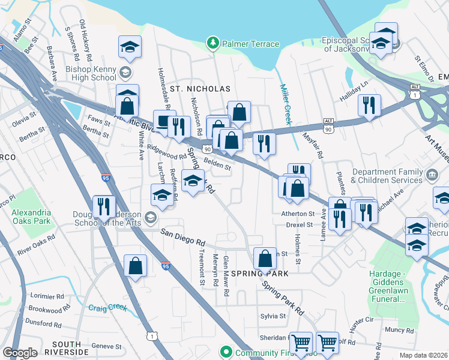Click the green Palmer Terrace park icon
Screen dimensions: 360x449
212,43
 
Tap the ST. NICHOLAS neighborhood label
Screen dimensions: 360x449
200,89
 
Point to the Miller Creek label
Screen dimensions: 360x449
286,105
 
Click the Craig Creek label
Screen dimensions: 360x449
108,308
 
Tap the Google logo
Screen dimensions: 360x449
20,353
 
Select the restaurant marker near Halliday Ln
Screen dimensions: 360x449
369,105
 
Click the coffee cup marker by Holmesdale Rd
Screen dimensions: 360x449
164,120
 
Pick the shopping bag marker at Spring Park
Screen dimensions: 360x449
265,259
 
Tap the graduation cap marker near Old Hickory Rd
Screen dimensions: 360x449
129,47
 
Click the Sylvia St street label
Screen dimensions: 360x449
273,316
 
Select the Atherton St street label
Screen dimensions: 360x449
298,214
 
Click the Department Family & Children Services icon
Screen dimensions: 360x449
432,176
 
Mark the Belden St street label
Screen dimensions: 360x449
217,163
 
